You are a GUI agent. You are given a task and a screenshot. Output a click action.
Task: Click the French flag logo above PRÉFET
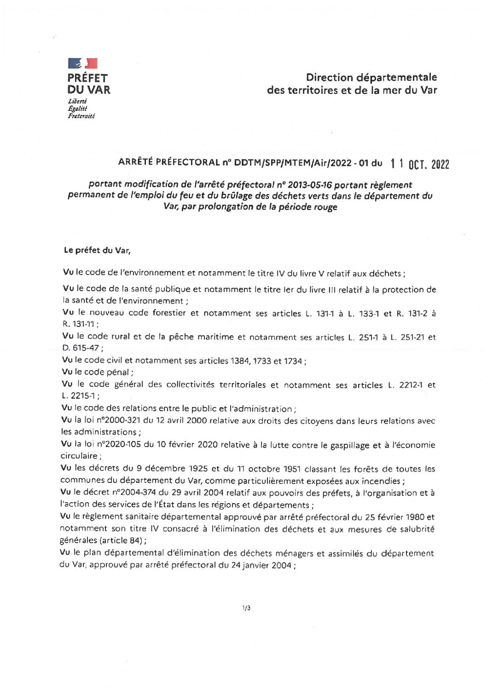83,63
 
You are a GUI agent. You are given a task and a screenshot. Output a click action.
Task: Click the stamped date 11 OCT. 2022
419,164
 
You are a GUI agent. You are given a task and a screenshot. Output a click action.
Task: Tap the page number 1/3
246,608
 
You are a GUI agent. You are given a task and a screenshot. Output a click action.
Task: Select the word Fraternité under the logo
81,116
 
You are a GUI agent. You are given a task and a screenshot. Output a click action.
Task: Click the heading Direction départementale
371,77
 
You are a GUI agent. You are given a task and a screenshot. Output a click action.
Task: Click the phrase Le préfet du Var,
97,250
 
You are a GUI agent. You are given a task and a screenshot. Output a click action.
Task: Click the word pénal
119,372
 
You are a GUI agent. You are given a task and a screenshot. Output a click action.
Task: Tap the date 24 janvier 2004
261,565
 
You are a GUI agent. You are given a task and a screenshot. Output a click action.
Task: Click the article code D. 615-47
81,348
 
